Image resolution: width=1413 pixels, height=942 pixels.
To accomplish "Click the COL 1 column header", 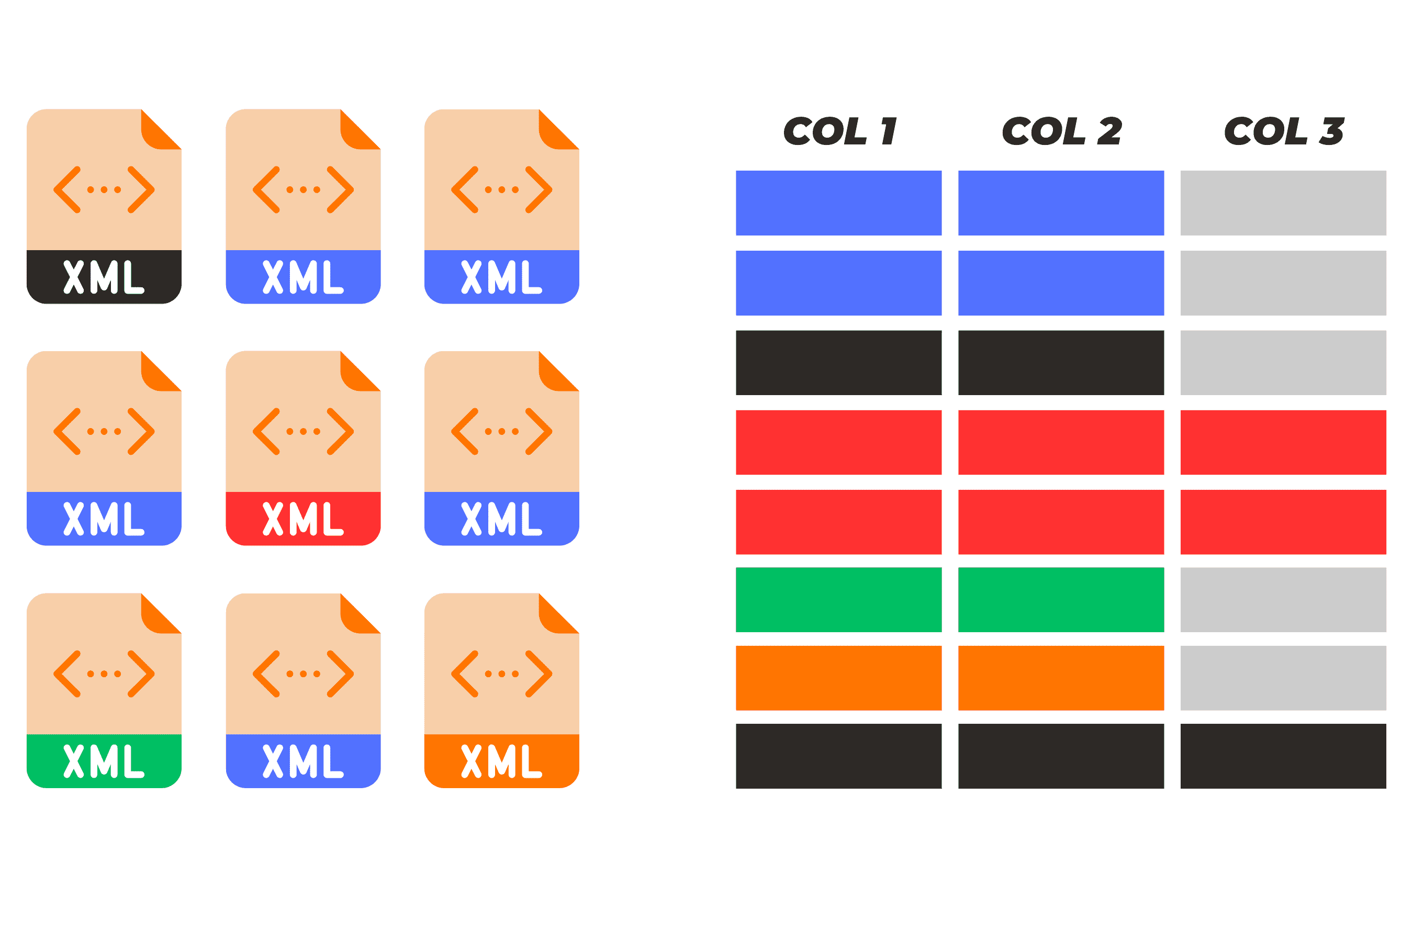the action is [x=840, y=131].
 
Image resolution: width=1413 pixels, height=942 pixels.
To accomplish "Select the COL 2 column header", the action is [x=1061, y=131].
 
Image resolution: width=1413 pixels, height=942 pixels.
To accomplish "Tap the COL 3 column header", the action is [x=1284, y=131].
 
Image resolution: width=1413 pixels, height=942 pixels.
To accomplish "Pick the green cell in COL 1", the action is [x=839, y=600].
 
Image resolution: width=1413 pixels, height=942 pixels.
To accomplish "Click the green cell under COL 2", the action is [x=1061, y=600].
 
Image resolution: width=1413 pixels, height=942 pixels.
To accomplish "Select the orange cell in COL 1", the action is [x=839, y=678].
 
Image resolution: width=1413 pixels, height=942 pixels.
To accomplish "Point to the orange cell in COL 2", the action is [x=1061, y=678].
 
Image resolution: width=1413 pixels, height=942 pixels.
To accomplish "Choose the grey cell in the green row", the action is [x=1283, y=600].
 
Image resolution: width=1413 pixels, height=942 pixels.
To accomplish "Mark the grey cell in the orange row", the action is [x=1283, y=678].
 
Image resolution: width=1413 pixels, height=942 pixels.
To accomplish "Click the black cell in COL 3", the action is [x=1283, y=756].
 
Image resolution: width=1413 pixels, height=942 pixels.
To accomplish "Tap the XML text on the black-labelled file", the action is [x=104, y=277].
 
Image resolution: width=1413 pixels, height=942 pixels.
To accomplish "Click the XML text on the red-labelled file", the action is [x=303, y=519].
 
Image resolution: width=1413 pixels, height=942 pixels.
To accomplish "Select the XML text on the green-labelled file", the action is [x=104, y=761].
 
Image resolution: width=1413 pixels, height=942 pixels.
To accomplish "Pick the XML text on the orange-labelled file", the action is [x=502, y=761].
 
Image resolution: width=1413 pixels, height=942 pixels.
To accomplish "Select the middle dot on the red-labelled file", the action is [x=303, y=431].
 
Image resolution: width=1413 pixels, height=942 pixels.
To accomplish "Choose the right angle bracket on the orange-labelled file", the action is [x=539, y=674].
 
